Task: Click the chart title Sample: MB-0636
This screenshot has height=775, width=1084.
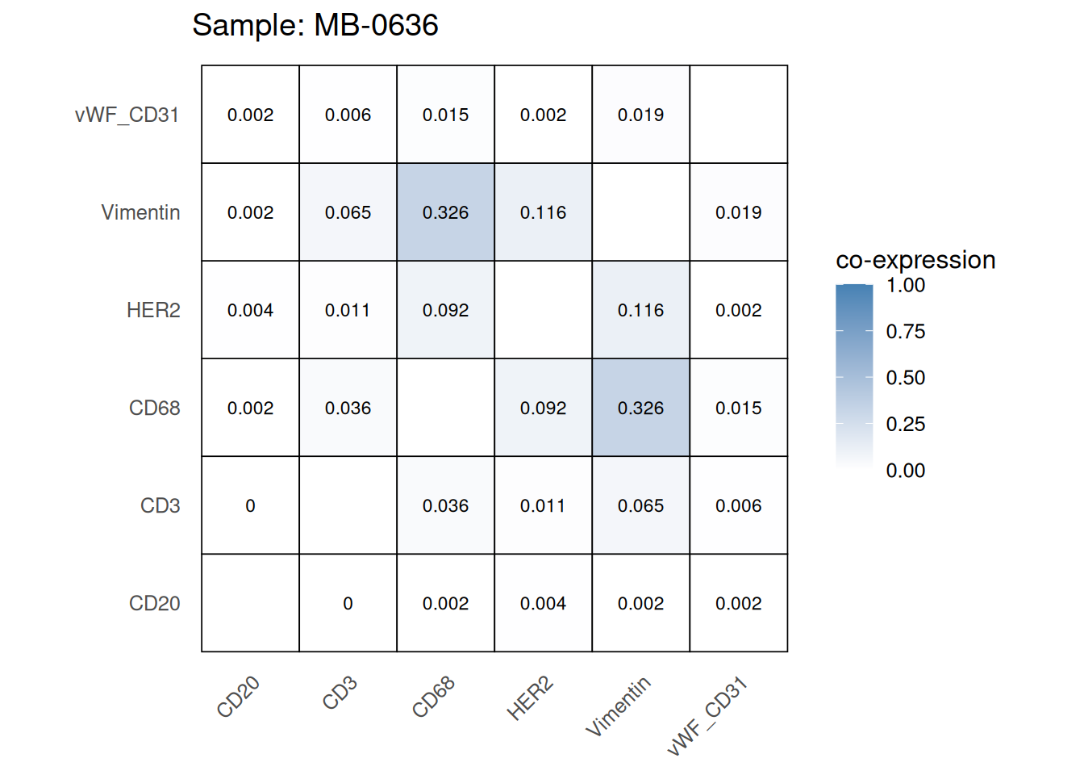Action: point(315,26)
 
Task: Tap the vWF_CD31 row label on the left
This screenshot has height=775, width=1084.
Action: point(127,115)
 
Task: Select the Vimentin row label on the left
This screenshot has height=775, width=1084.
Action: point(140,212)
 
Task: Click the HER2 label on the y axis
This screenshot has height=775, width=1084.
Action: point(153,310)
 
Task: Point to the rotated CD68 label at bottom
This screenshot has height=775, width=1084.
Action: point(433,697)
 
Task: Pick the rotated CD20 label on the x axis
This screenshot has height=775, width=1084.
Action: point(238,697)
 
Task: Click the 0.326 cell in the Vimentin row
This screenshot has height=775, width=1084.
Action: point(445,212)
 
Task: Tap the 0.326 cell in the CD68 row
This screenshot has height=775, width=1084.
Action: point(640,408)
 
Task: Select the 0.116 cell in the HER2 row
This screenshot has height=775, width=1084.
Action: point(640,310)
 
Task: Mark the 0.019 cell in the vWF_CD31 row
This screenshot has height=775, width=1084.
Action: point(640,115)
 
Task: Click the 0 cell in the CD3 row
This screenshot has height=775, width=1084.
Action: point(250,505)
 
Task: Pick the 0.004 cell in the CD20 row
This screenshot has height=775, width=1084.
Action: point(543,603)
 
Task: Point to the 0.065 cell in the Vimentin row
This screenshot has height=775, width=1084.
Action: point(348,212)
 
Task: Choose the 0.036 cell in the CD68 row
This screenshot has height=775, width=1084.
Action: point(348,408)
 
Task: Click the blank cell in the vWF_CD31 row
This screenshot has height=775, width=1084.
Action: point(738,115)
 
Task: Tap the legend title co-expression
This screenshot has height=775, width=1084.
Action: point(915,260)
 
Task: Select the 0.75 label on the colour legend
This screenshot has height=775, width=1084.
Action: point(905,331)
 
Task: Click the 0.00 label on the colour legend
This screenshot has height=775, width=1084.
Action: point(905,471)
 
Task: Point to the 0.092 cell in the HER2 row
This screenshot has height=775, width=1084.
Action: point(445,310)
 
